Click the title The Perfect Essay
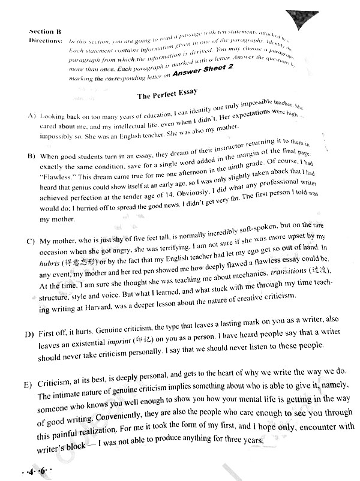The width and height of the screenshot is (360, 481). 167,95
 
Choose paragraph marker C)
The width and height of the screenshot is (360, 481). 31,242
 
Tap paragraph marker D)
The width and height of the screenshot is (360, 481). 31,333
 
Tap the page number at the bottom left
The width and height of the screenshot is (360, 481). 35,471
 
